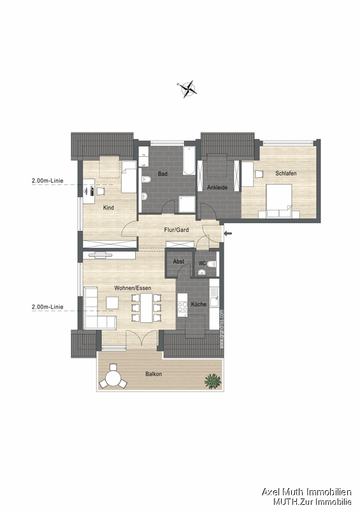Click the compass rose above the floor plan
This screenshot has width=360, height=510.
(188, 90)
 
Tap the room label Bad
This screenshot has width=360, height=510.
(162, 173)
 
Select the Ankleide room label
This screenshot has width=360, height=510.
(217, 187)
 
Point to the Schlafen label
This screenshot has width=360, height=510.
(286, 173)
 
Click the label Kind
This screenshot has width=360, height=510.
(108, 208)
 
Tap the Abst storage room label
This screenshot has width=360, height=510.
(178, 261)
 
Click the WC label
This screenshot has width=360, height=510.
(201, 262)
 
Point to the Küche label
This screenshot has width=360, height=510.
(198, 304)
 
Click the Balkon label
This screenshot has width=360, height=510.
(153, 374)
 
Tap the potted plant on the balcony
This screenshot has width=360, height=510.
(212, 381)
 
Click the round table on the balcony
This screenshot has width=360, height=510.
(115, 379)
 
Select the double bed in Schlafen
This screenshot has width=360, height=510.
(278, 201)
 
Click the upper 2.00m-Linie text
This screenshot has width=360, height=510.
(47, 181)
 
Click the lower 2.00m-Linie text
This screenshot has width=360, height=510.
(47, 307)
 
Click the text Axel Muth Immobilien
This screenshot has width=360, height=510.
(307, 492)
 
